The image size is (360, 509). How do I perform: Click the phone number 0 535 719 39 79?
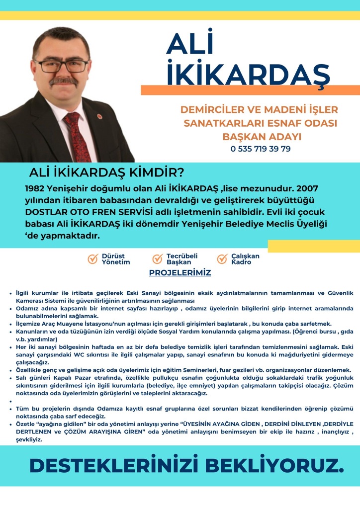click(261, 149)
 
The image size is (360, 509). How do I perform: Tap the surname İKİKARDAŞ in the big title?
click(248, 73)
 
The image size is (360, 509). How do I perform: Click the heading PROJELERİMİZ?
click(180, 273)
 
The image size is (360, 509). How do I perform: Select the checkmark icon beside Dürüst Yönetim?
click(92, 259)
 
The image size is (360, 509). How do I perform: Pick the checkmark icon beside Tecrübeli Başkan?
click(158, 259)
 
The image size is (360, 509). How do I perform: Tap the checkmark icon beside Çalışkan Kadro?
click(222, 259)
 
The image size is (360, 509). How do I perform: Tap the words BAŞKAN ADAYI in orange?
click(261, 136)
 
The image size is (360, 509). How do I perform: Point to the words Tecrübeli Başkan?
click(182, 259)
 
